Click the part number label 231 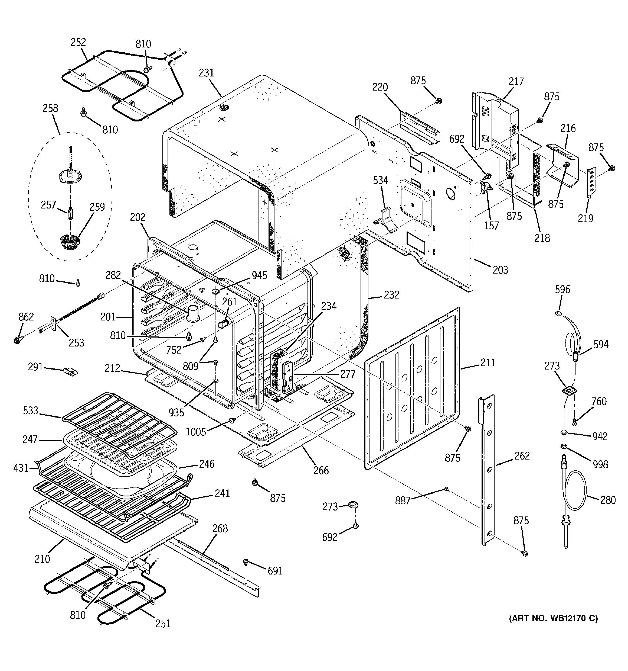point(206,73)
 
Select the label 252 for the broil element point(78,42)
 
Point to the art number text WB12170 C point(553,618)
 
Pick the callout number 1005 point(195,431)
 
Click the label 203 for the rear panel point(500,270)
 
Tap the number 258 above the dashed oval point(50,108)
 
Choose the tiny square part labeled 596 point(558,313)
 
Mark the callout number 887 point(403,500)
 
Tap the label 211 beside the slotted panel point(488,363)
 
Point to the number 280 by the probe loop point(608,500)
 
